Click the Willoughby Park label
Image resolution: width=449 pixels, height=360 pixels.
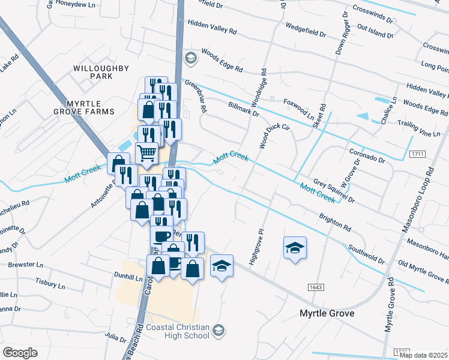pyautogui.click(x=93, y=73)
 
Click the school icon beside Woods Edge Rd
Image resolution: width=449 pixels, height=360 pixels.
pyautogui.click(x=191, y=58)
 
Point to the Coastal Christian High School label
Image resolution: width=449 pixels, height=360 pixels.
pyautogui.click(x=178, y=331)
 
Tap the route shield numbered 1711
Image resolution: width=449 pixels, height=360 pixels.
pyautogui.click(x=418, y=155)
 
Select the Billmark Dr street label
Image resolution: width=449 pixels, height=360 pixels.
pyautogui.click(x=244, y=109)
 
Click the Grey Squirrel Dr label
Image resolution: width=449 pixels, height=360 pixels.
pyautogui.click(x=334, y=190)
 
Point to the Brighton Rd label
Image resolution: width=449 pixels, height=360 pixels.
pyautogui.click(x=335, y=222)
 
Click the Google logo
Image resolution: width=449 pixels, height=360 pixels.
pyautogui.click(x=20, y=353)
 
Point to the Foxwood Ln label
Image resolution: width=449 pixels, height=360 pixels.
pyautogui.click(x=298, y=110)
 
